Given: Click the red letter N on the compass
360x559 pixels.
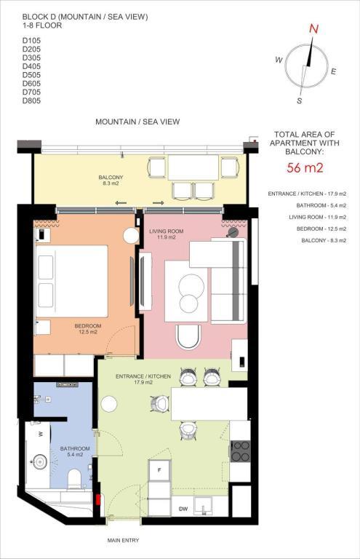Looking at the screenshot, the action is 313,29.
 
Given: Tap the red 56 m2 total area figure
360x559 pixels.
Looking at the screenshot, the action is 305,167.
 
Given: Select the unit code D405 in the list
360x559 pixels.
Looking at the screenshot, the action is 31,66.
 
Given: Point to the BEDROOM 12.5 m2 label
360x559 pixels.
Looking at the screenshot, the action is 87,329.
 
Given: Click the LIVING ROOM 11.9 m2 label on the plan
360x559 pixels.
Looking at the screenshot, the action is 167,234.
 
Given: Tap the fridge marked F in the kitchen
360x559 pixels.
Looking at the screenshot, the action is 159,470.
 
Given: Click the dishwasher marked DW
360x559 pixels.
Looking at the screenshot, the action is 183,509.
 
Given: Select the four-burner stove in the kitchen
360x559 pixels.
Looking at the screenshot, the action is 240,451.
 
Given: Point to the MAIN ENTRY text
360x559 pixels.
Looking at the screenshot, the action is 123,541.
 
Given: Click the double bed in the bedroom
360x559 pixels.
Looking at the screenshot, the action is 71,281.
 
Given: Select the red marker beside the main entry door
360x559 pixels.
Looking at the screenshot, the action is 97,499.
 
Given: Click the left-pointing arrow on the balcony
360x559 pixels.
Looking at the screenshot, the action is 121,203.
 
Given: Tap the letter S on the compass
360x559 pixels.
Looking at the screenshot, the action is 299,101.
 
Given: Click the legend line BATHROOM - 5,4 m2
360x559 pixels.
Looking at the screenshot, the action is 321,205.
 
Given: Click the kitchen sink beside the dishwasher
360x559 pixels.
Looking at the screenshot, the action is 204,507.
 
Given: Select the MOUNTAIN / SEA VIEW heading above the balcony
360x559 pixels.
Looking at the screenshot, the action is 137,122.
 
